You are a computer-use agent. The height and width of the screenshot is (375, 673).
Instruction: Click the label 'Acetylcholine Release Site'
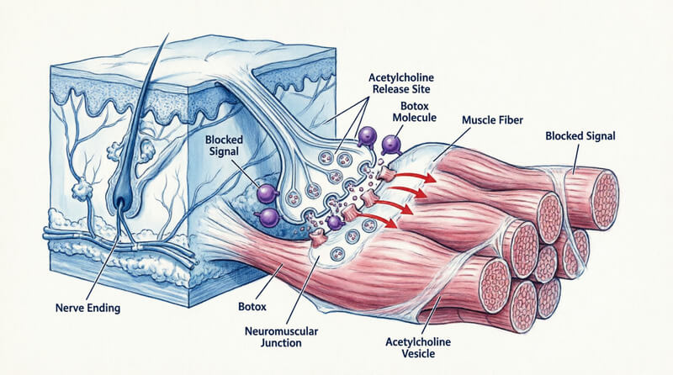tap(403, 85)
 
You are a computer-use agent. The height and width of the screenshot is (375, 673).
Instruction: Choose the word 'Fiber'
tap(512, 120)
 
